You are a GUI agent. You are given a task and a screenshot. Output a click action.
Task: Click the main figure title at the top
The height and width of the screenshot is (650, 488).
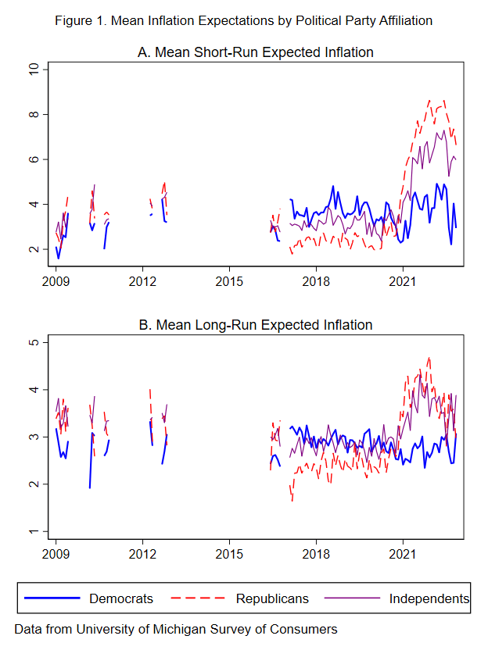click(243, 20)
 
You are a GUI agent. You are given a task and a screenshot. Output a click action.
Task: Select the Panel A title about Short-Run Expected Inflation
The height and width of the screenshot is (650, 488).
click(256, 52)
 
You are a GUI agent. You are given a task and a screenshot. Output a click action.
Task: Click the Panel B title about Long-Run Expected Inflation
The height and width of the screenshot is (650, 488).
click(256, 324)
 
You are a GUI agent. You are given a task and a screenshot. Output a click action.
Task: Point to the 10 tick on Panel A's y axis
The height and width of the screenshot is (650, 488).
click(33, 70)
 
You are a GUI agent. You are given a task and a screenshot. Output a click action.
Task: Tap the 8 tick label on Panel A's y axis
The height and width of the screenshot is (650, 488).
click(33, 115)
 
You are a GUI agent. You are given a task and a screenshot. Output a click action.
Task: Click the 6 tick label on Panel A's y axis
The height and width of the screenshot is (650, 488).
click(33, 159)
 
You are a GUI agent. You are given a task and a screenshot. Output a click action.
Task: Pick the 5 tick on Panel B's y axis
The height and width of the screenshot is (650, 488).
click(33, 342)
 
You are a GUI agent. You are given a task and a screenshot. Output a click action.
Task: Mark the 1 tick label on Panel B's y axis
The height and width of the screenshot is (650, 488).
click(33, 531)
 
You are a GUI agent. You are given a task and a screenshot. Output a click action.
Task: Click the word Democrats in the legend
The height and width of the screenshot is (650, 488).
click(121, 598)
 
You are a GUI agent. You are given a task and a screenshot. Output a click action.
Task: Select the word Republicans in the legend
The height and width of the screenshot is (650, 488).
click(272, 598)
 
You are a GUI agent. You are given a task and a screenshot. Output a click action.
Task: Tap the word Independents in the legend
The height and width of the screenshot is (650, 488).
click(429, 598)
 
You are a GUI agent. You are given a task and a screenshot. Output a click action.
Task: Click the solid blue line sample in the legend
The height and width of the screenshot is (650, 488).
click(52, 598)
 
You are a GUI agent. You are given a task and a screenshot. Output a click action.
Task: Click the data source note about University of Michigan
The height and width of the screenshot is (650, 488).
click(176, 629)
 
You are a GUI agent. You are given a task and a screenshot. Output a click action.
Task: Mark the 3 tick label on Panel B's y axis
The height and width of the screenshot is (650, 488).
click(33, 437)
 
